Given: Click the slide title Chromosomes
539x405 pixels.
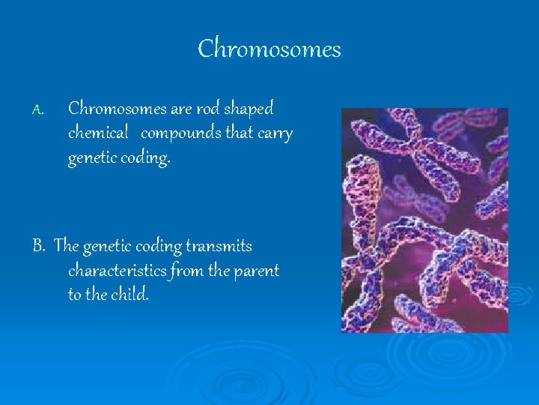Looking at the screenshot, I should coord(269,49).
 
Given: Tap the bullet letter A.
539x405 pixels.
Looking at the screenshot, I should coord(38,110).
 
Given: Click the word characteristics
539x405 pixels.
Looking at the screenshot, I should coord(117,270).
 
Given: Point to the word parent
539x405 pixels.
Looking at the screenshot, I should coord(256,271).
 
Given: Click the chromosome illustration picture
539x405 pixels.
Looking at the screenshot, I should coord(424,220).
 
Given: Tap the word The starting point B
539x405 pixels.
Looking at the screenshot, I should coord(66,246).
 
